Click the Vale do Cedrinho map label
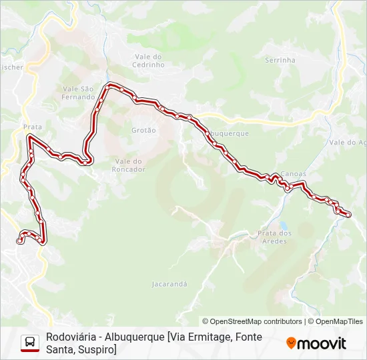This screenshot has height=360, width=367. tap(148, 61)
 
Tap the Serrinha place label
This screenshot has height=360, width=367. tap(280, 60)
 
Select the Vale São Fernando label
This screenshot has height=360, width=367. tap(79, 93)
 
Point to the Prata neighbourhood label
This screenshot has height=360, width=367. tap(32, 127)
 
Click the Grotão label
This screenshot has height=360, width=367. tap(143, 131)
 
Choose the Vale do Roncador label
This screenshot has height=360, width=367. tap(129, 165)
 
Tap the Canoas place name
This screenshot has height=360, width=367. tap(294, 173)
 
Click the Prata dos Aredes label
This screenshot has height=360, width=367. tap(275, 237)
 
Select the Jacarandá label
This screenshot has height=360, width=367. tap(169, 284)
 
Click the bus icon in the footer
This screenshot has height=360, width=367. tap(30, 343)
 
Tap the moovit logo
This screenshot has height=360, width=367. tap(316, 343)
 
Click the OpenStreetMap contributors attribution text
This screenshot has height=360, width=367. tap(252, 321)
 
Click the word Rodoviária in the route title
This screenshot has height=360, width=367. tap(70, 337)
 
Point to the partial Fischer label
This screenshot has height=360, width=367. tap(11, 67)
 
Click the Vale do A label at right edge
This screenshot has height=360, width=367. tap(348, 143)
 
